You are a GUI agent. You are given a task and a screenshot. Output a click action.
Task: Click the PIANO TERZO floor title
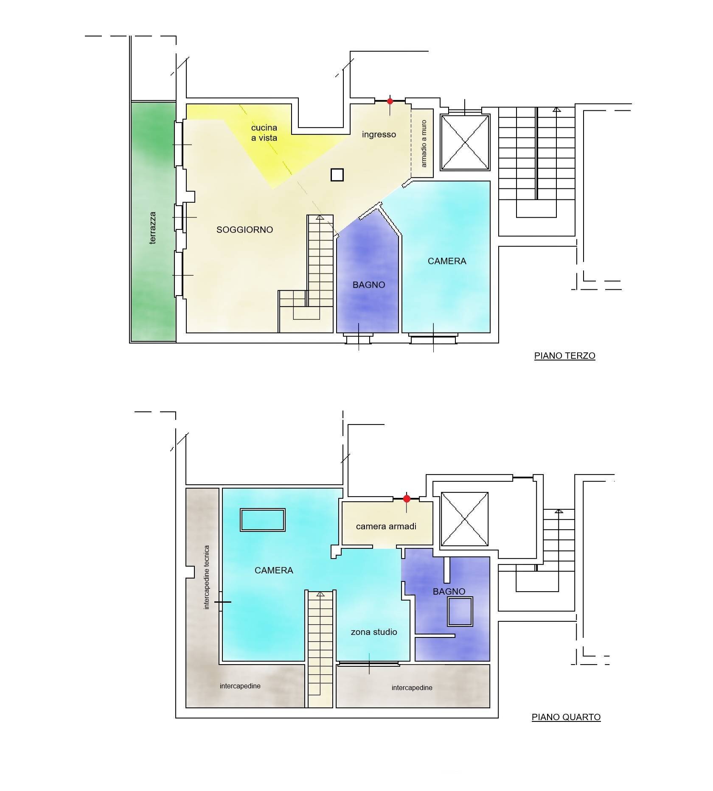pyautogui.click(x=564, y=356)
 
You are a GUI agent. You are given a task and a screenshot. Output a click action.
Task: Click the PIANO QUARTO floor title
pyautogui.click(x=566, y=717)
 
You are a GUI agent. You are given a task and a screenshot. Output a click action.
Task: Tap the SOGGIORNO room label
pyautogui.click(x=244, y=230)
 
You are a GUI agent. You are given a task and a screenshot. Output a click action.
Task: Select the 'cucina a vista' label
pyautogui.click(x=264, y=133)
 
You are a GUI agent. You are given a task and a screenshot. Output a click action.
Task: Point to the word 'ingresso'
pyautogui.click(x=379, y=134)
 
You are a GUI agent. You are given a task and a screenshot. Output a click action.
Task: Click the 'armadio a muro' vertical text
pyautogui.click(x=424, y=143)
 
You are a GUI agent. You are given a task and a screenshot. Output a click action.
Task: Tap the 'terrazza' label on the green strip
pyautogui.click(x=153, y=228)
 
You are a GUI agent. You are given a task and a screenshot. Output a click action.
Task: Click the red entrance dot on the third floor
pyautogui.click(x=390, y=101)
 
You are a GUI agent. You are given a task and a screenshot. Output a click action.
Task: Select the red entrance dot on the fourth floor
pyautogui.click(x=407, y=499)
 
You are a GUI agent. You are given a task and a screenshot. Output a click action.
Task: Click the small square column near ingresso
pyautogui.click(x=337, y=175)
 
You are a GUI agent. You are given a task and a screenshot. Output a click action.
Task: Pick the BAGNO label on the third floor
pyautogui.click(x=369, y=285)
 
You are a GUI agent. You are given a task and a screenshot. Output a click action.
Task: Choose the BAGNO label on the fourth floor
pyautogui.click(x=449, y=591)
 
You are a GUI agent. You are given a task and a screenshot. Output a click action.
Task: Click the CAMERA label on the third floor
pyautogui.click(x=447, y=261)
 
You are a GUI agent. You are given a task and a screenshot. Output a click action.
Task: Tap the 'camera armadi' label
pyautogui.click(x=386, y=526)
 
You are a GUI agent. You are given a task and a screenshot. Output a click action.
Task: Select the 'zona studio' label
pyautogui.click(x=374, y=632)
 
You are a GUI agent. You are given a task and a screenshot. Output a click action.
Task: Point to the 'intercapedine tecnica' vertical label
pyautogui.click(x=207, y=578)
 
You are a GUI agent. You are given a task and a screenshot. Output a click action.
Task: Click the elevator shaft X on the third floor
pyautogui.click(x=465, y=143)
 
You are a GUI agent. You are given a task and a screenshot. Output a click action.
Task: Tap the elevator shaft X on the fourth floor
pyautogui.click(x=465, y=519)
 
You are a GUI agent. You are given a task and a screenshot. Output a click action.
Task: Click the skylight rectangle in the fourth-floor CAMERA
pyautogui.click(x=263, y=520)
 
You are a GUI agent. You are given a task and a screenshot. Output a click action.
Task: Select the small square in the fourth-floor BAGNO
pyautogui.click(x=460, y=612)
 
